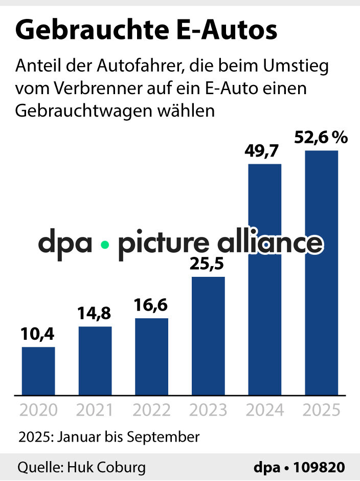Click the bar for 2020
pyautogui.click(x=38, y=371)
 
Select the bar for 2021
pyautogui.click(x=95, y=361)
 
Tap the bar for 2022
pyautogui.click(x=151, y=357)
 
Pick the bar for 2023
pyautogui.click(x=208, y=336)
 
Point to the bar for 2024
pyautogui.click(x=265, y=279)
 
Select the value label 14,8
pyautogui.click(x=95, y=313)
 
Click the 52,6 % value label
pyautogui.click(x=321, y=138)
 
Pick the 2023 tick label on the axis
pyautogui.click(x=208, y=410)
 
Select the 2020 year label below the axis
pyautogui.click(x=38, y=410)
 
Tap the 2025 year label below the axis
pyautogui.click(x=322, y=410)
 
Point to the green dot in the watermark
pyautogui.click(x=105, y=245)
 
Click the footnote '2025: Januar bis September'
pyautogui.click(x=108, y=438)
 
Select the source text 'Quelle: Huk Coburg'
pyautogui.click(x=81, y=468)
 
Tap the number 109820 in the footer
pyautogui.click(x=321, y=468)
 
